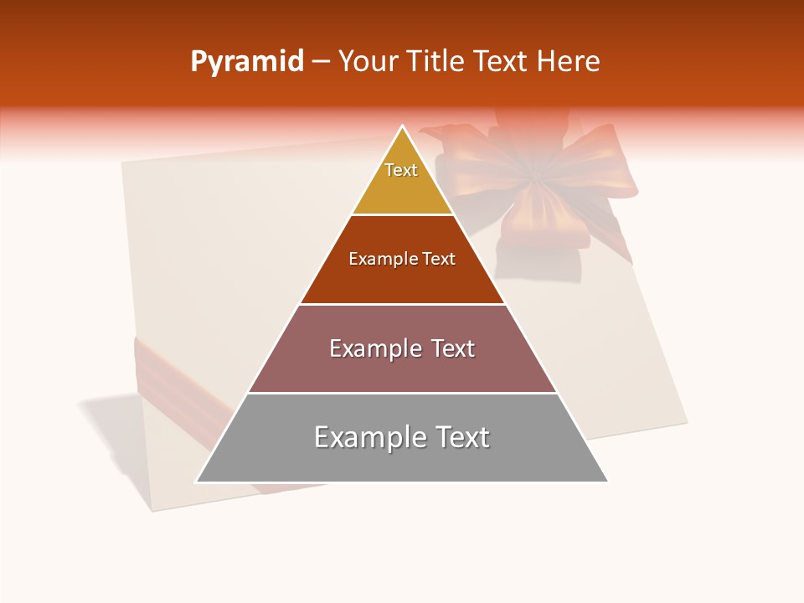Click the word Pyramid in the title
point(247,62)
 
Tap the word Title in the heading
point(439,61)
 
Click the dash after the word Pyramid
point(321,63)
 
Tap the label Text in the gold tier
point(401,170)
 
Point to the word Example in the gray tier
point(368,437)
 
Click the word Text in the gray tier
point(462,437)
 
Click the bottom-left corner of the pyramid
point(197,482)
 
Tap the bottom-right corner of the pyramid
point(607,482)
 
